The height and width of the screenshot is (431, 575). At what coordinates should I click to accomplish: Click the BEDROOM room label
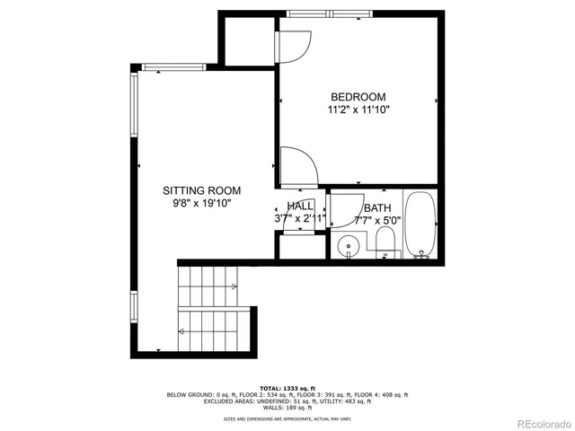point(358,97)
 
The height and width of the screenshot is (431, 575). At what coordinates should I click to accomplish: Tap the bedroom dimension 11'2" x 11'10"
point(358,110)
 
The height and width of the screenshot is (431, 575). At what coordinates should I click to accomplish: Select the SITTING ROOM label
point(201,190)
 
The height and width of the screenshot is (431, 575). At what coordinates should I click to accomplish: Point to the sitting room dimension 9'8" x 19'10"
point(201,204)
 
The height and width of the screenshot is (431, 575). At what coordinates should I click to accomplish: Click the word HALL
point(300,206)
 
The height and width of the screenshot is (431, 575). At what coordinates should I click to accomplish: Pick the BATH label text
point(377,206)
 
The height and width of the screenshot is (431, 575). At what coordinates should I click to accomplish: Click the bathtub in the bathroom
point(420,224)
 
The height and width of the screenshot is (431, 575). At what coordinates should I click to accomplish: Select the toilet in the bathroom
point(385,242)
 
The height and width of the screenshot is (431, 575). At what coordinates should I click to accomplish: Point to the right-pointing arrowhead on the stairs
point(234,286)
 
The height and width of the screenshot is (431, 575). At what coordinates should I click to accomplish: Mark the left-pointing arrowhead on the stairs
point(181,331)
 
